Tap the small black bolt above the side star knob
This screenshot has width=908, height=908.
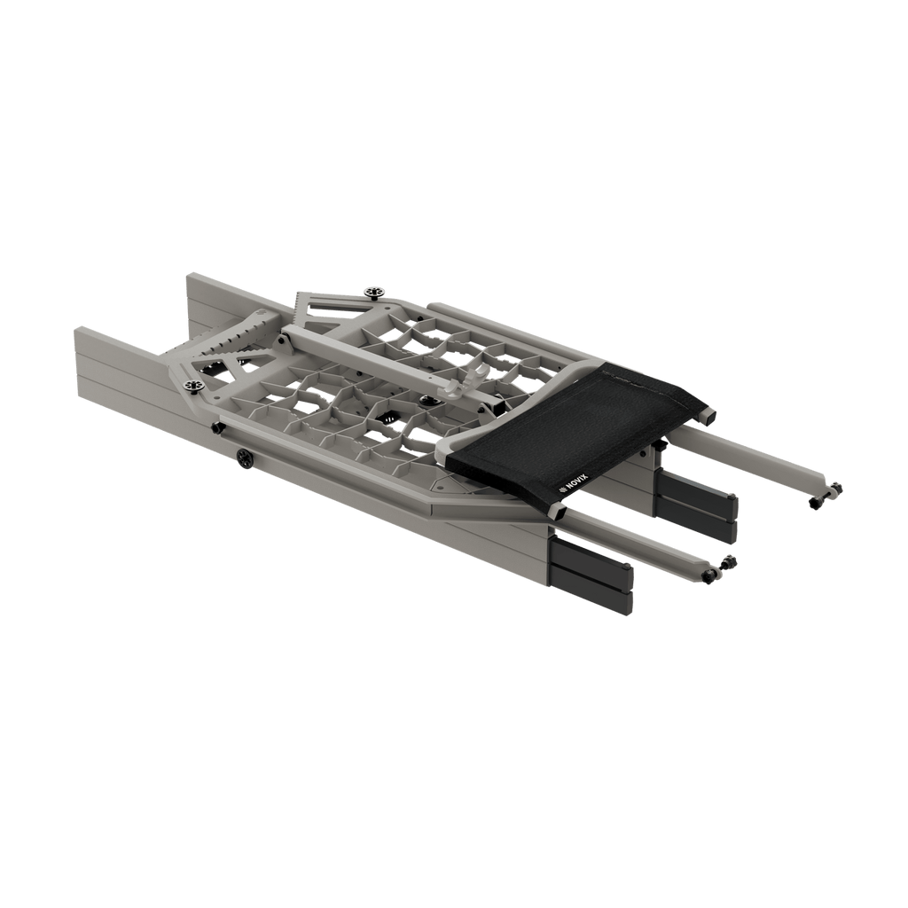click(x=215, y=427)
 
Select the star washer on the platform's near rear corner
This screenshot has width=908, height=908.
click(x=191, y=384)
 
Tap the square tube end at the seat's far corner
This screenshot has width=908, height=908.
click(x=708, y=413)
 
